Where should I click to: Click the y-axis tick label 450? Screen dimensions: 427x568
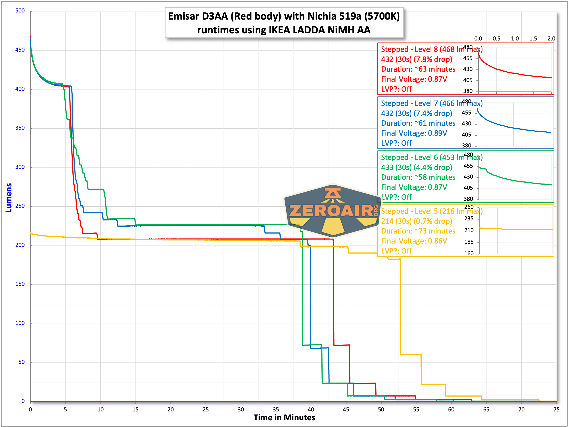(20, 50)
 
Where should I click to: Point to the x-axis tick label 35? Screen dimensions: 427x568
(276, 409)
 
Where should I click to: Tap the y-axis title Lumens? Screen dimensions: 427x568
(9, 197)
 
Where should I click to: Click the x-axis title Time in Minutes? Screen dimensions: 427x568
(284, 417)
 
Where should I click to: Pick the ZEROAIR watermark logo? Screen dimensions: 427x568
(333, 211)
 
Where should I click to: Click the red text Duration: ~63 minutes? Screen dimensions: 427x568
(418, 69)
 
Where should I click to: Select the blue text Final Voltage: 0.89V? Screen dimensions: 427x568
(414, 133)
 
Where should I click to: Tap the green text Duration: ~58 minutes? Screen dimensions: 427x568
(418, 177)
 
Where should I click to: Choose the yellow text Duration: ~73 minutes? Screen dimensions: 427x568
(418, 231)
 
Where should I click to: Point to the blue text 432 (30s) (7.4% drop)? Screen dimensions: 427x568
(417, 113)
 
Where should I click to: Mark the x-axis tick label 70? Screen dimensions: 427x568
(521, 409)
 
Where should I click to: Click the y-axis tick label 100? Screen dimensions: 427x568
(20, 323)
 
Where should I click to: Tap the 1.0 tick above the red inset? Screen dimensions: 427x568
(515, 38)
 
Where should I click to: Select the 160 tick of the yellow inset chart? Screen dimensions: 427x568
(469, 253)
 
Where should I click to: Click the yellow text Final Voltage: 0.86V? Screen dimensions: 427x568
(414, 241)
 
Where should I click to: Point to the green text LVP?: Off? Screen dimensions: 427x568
(397, 197)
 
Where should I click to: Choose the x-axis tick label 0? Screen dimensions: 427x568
(30, 409)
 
